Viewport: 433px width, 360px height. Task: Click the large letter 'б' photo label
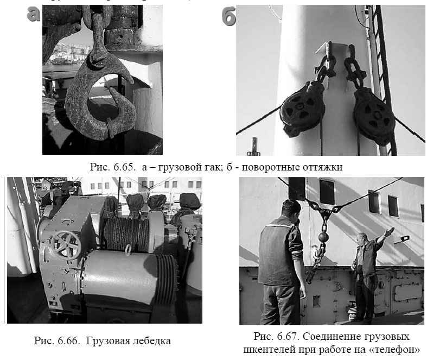[x=229, y=17]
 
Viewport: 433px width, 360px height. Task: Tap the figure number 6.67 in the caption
[x=285, y=336]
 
